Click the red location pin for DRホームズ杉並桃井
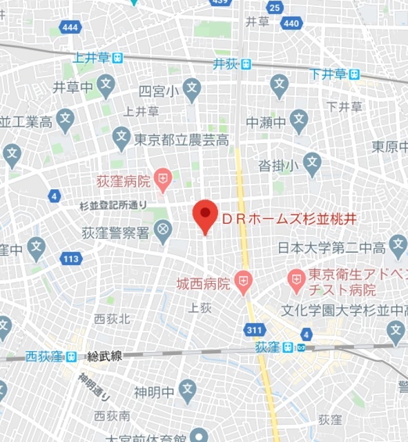click(204, 215)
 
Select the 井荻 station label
click(225, 64)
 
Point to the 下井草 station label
click(328, 74)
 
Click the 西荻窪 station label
click(45, 356)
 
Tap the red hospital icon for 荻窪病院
click(162, 181)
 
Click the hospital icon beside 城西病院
click(242, 280)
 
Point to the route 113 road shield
click(70, 259)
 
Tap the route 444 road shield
click(69, 27)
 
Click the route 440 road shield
click(291, 23)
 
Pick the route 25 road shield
click(275, 8)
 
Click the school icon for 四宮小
click(192, 88)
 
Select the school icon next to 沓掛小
click(312, 164)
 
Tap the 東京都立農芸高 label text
click(182, 140)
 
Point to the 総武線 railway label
click(104, 356)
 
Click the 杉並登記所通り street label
click(113, 205)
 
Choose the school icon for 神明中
click(186, 391)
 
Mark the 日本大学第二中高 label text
click(331, 247)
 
